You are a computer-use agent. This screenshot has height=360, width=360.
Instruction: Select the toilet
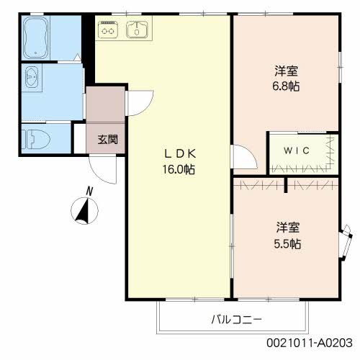(32, 137)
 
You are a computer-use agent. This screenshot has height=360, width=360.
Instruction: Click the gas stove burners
(108, 30)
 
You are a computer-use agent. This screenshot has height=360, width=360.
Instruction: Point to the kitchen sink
(137, 30)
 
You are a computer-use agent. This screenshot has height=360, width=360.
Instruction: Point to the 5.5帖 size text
(287, 244)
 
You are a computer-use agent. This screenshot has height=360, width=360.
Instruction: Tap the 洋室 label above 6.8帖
(287, 71)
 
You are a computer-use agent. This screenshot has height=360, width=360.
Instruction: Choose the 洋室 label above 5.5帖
(287, 228)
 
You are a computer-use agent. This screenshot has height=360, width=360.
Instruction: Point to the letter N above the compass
(89, 191)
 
